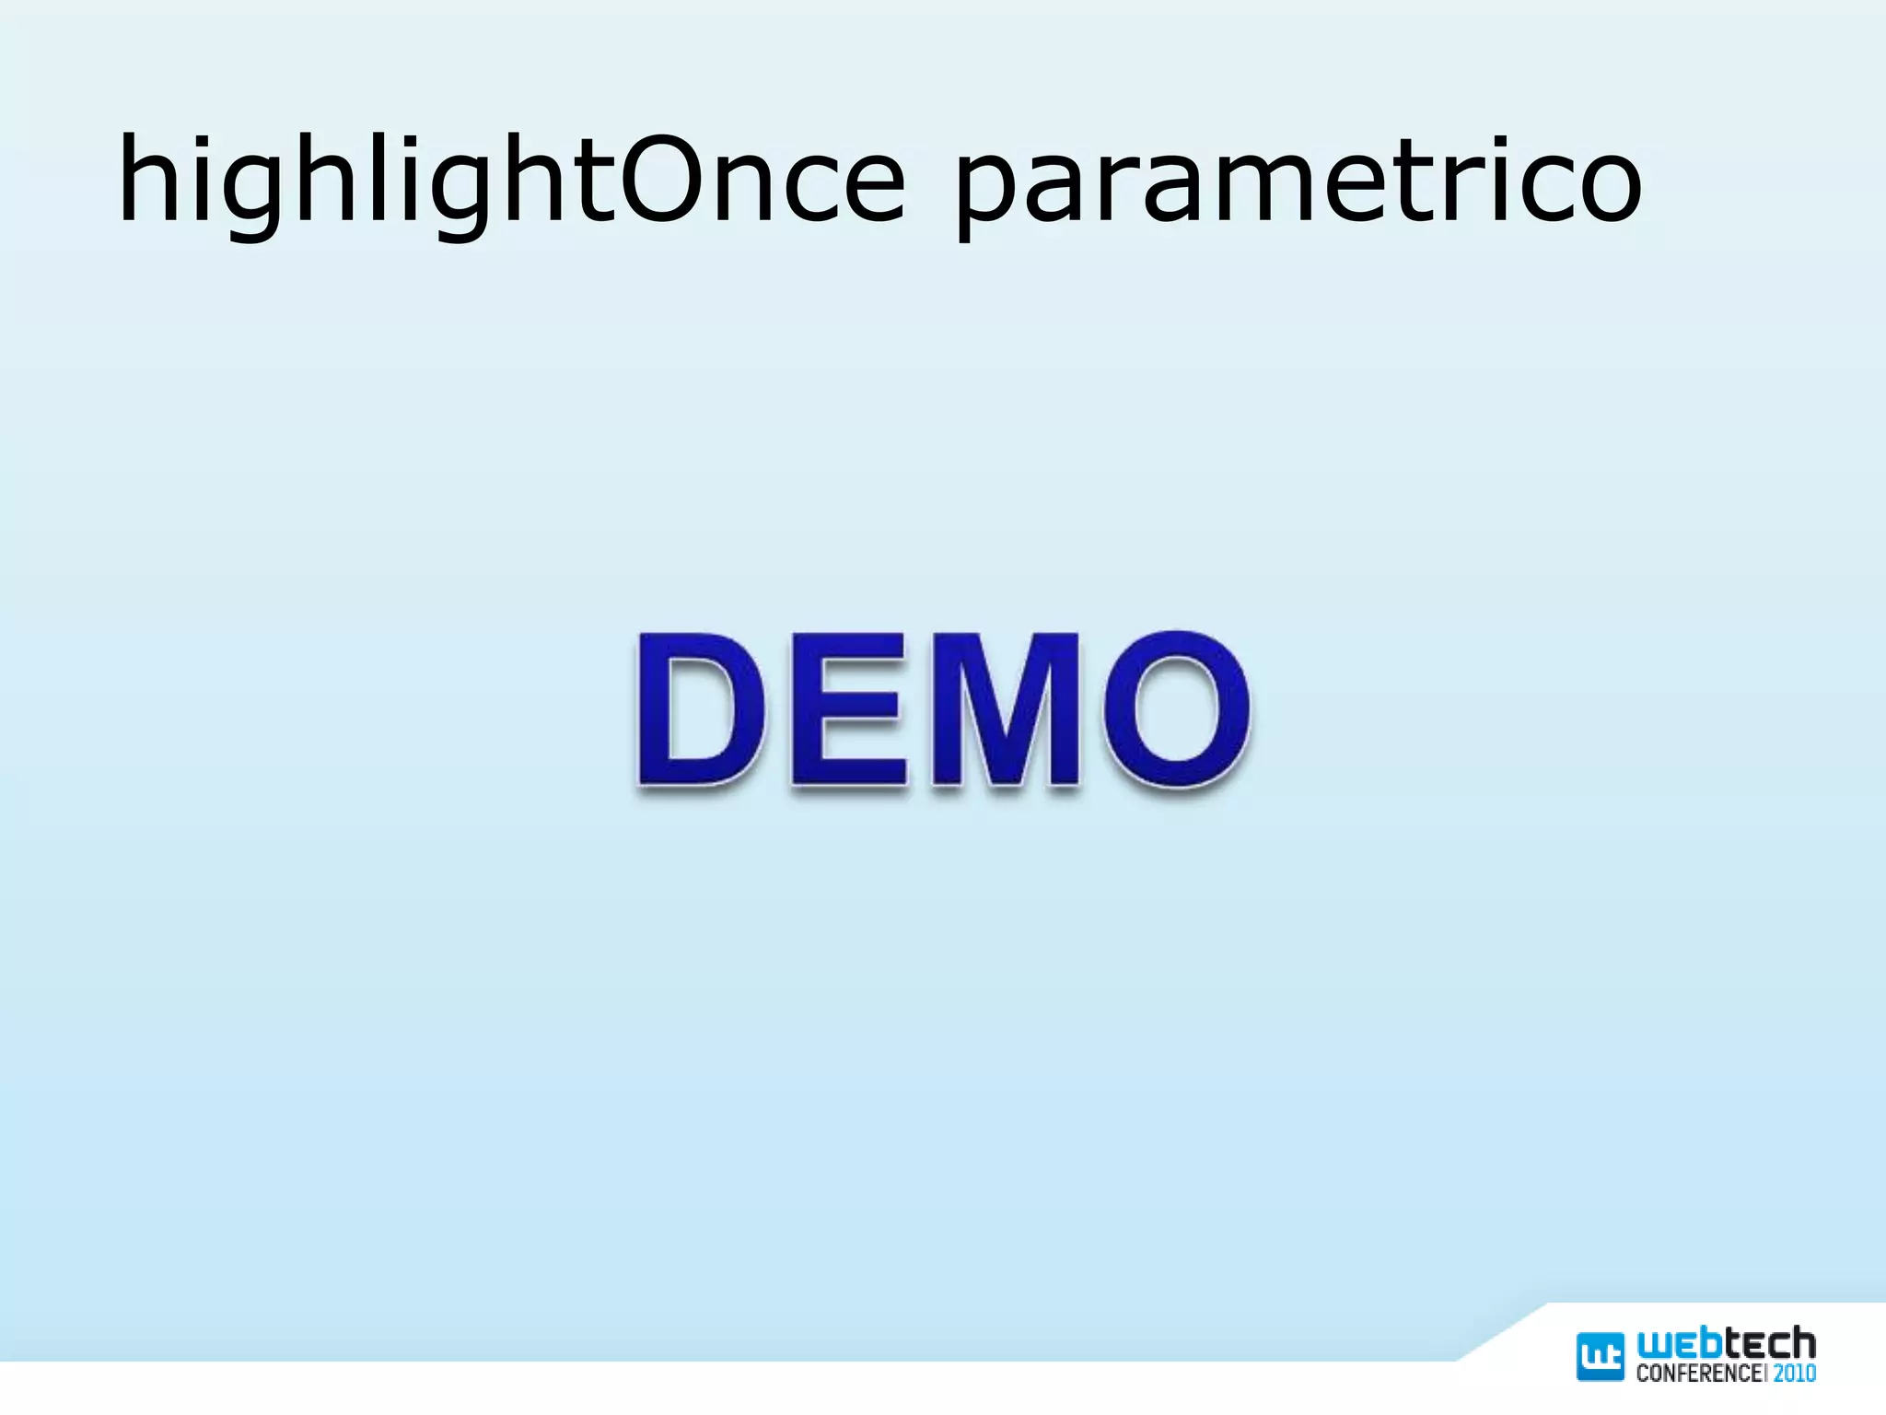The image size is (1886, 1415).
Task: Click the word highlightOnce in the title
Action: pos(511,180)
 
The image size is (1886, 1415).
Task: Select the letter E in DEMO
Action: pos(847,709)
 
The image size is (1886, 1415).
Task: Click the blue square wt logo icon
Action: pos(1601,1356)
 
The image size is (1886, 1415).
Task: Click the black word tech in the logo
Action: pos(1770,1344)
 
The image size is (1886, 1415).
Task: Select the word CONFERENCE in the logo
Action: pos(1697,1374)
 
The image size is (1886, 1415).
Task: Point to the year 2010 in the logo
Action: pos(1795,1374)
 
